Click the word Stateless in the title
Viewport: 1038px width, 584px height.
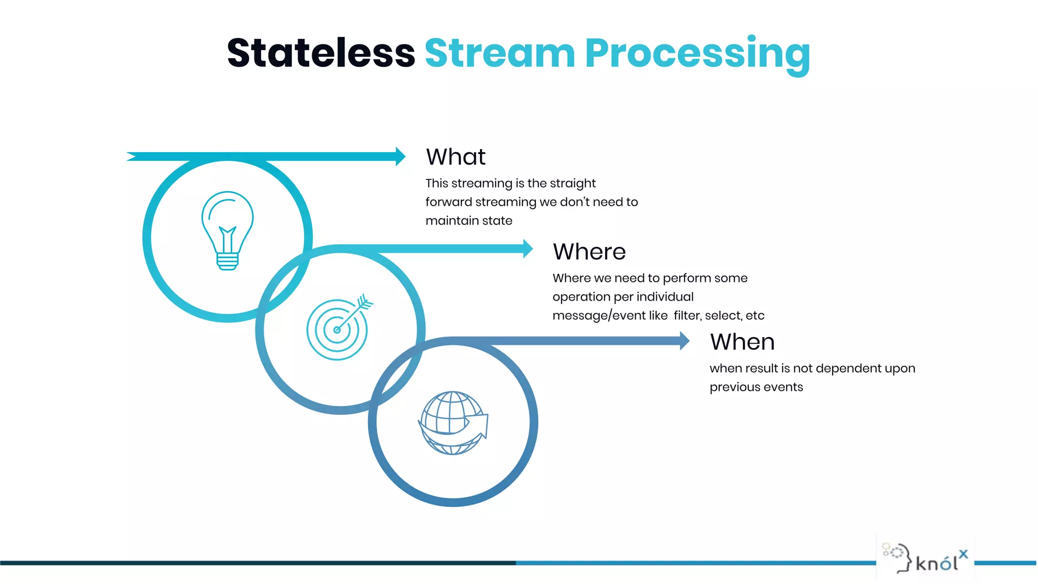click(321, 53)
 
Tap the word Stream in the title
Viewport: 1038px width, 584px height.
click(500, 53)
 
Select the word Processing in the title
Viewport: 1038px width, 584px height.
click(697, 55)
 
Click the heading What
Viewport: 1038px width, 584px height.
click(455, 157)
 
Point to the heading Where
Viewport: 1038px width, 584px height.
click(589, 252)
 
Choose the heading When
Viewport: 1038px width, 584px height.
click(742, 342)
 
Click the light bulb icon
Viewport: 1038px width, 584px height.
click(228, 231)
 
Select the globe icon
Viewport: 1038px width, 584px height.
click(453, 422)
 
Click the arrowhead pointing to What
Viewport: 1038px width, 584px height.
click(400, 157)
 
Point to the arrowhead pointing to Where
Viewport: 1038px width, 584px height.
click(528, 249)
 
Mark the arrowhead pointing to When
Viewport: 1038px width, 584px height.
click(684, 341)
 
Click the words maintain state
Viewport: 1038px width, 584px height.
click(469, 221)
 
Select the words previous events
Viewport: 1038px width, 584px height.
click(756, 387)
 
